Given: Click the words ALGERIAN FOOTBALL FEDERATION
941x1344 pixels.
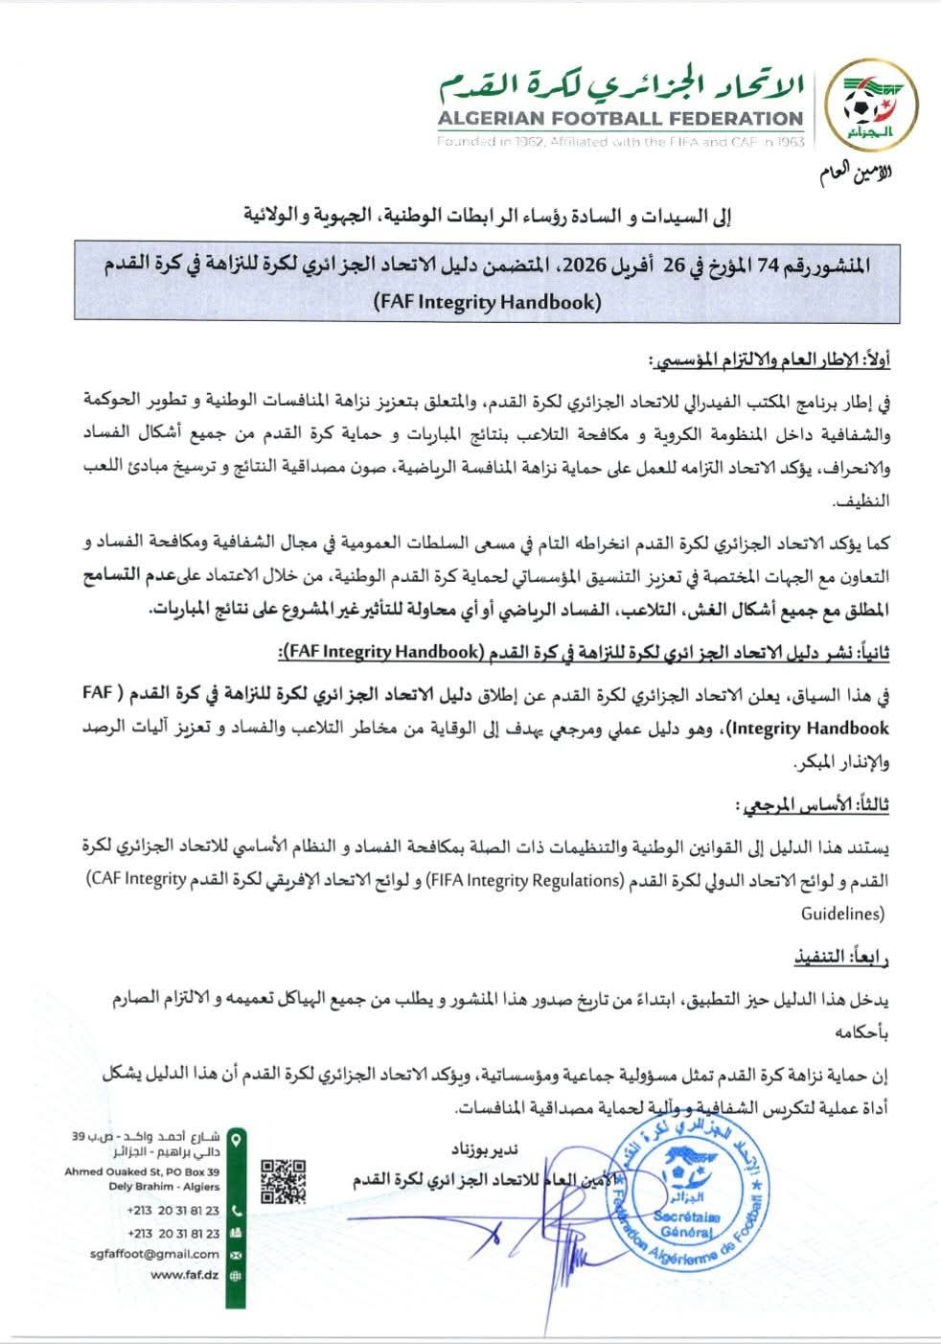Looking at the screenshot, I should (620, 119).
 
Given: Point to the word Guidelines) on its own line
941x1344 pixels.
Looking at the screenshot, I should (842, 915).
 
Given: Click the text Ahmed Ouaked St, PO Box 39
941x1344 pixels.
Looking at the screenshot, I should (143, 1171).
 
